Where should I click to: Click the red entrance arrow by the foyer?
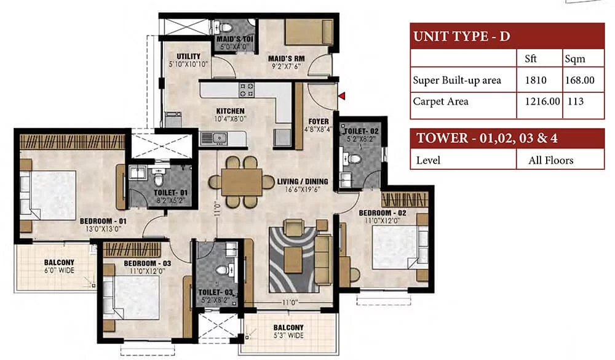tap(342, 95)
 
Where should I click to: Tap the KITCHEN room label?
tap(230, 111)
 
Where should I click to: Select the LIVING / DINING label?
tap(303, 182)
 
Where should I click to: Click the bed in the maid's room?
tap(309, 32)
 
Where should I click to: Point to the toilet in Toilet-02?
tap(355, 159)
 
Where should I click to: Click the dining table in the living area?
tap(242, 182)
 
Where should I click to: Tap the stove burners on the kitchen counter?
tap(247, 89)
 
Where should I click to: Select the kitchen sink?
tap(215, 138)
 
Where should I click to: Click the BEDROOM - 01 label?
tap(103, 221)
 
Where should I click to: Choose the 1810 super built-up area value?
tap(536, 80)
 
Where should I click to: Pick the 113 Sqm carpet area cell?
tap(576, 102)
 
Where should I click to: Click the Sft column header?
tap(530, 58)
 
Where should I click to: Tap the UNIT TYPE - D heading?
tap(462, 36)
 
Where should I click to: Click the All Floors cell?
tap(550, 160)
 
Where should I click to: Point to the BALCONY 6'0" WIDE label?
tap(59, 266)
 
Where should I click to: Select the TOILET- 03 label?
tap(215, 292)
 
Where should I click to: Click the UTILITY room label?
tap(188, 57)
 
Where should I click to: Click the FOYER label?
tap(319, 122)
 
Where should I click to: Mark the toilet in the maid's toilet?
tap(225, 28)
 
